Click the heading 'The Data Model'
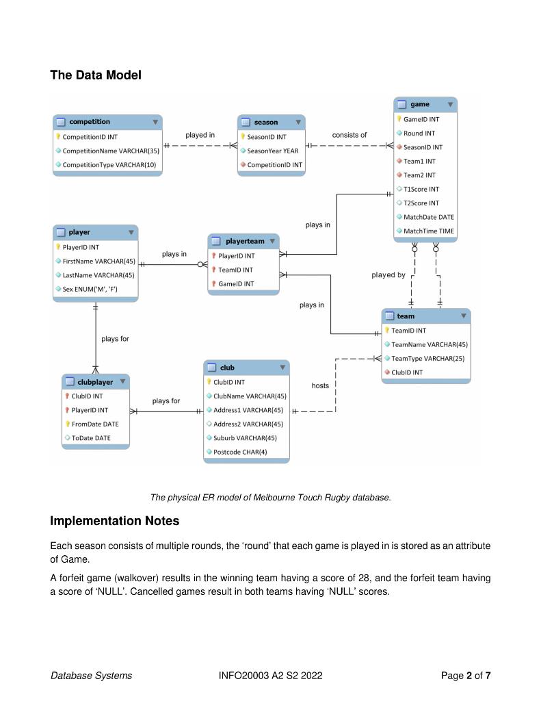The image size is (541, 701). [96, 75]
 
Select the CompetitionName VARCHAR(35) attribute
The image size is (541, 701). [111, 151]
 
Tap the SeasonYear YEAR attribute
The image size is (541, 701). [272, 151]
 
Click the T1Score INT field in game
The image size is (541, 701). [421, 189]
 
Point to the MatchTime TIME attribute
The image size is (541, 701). [428, 231]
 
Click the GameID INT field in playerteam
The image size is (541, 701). [236, 283]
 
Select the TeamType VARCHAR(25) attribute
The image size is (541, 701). [427, 358]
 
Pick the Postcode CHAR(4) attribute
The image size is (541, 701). [239, 452]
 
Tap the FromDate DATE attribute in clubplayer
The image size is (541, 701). [95, 424]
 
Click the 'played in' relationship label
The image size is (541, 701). [200, 135]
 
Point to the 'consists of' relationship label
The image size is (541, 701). [349, 135]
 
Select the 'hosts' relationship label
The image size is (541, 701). [320, 385]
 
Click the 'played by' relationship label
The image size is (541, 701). [388, 275]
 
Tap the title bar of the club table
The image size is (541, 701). [246, 368]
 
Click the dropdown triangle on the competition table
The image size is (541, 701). [155, 122]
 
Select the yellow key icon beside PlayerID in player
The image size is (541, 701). [58, 247]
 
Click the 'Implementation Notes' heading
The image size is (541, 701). [114, 521]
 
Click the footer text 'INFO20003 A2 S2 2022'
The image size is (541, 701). [270, 676]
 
